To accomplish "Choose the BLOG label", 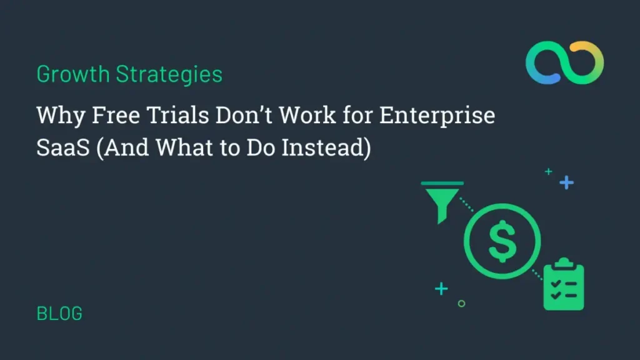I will point(59,313).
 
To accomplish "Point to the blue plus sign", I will point(566,182).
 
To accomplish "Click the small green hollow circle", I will point(461,304).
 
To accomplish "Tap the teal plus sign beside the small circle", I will point(442,289).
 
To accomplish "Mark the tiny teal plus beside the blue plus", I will point(549,171).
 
